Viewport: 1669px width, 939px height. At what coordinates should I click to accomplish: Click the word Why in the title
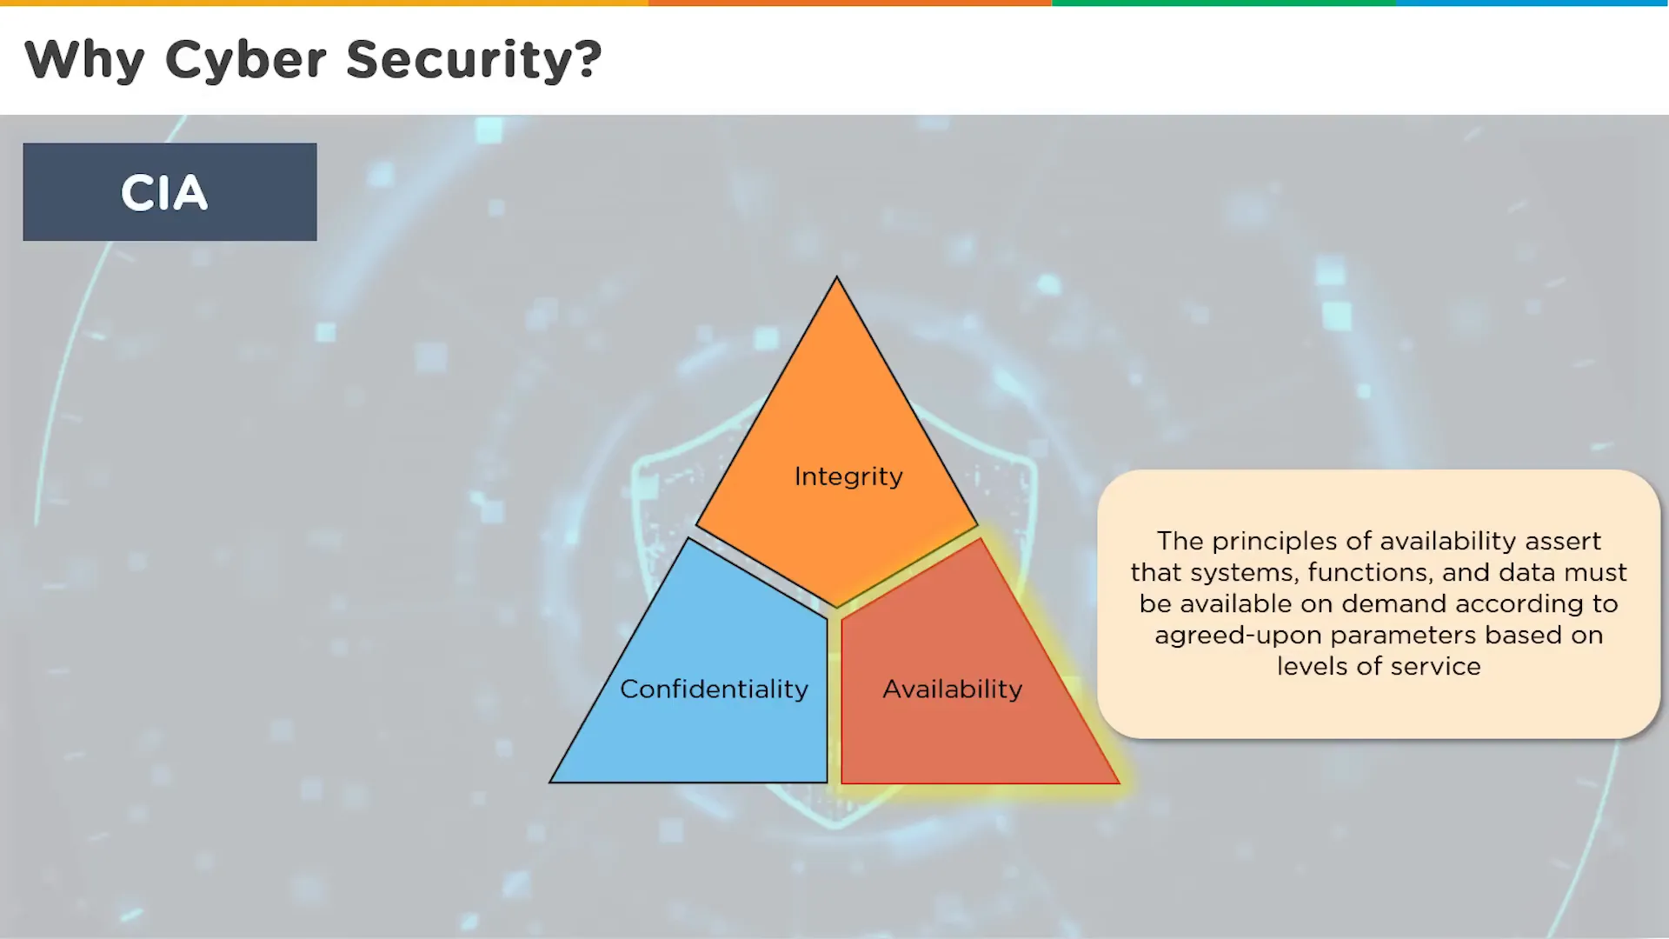point(84,60)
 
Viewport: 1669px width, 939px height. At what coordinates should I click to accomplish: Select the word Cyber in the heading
point(246,60)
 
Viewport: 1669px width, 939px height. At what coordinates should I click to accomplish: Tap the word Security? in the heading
point(474,60)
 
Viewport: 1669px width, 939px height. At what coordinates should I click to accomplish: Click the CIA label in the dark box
point(164,192)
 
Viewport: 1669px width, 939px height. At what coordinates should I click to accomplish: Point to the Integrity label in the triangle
point(848,477)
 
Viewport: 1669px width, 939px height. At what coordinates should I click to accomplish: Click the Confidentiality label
point(714,689)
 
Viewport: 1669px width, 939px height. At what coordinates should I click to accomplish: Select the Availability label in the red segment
point(953,689)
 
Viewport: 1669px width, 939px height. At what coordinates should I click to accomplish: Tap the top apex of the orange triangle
point(837,277)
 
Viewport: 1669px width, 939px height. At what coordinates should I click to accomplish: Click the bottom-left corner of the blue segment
point(551,782)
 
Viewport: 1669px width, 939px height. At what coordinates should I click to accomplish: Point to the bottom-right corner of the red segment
point(1119,782)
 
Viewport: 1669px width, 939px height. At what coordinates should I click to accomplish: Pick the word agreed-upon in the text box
point(1238,636)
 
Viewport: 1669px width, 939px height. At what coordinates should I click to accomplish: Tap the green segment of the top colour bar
point(1223,3)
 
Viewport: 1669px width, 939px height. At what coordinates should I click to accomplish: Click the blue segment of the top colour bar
point(1532,3)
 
